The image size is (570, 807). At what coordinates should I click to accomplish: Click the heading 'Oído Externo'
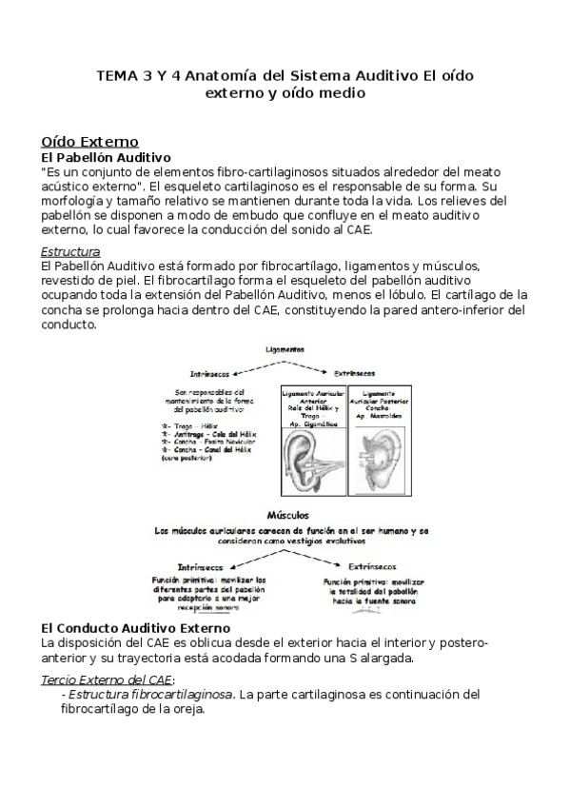click(x=84, y=141)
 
